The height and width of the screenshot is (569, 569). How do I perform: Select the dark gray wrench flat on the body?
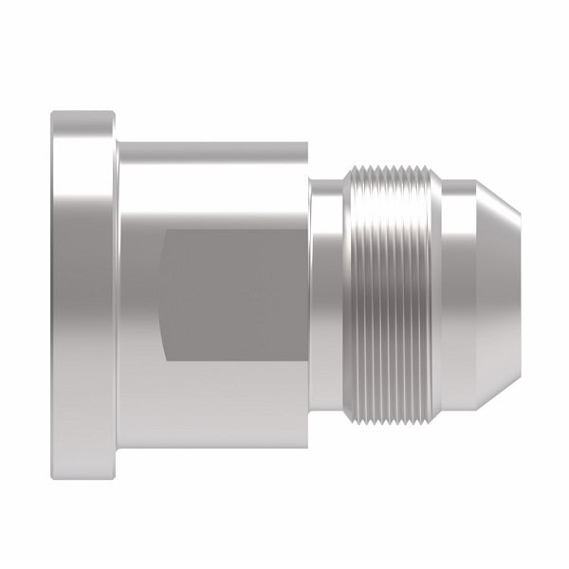click(232, 294)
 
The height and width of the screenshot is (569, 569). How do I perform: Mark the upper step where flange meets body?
click(117, 142)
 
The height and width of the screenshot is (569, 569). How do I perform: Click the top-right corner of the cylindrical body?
click(307, 143)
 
